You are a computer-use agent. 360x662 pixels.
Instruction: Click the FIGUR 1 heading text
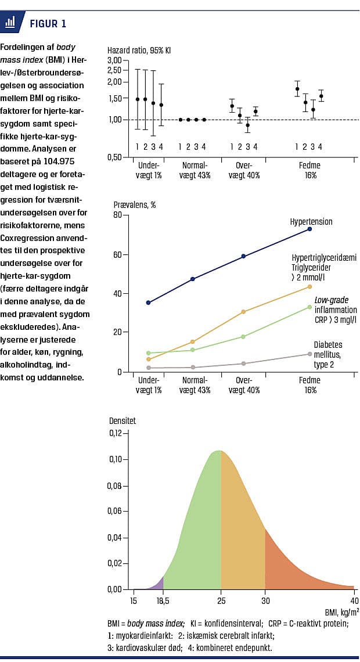point(48,24)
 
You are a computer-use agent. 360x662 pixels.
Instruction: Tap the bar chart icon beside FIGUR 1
point(10,23)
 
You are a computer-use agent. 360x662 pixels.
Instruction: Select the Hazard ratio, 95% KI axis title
point(139,50)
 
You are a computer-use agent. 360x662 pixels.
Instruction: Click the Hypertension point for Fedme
point(309,229)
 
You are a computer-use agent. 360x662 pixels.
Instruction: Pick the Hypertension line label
point(311,221)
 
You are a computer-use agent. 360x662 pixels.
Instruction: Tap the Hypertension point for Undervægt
point(149,303)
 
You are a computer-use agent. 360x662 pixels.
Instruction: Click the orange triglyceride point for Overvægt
point(244,312)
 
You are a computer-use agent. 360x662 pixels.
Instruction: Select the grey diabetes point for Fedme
point(309,354)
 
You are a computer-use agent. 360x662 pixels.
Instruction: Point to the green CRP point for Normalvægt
point(192,350)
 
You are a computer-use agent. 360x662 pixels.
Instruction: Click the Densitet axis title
point(123,420)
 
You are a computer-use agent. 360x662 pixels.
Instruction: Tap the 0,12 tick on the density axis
point(114,433)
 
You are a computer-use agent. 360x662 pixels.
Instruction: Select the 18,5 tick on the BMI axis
point(163,600)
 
